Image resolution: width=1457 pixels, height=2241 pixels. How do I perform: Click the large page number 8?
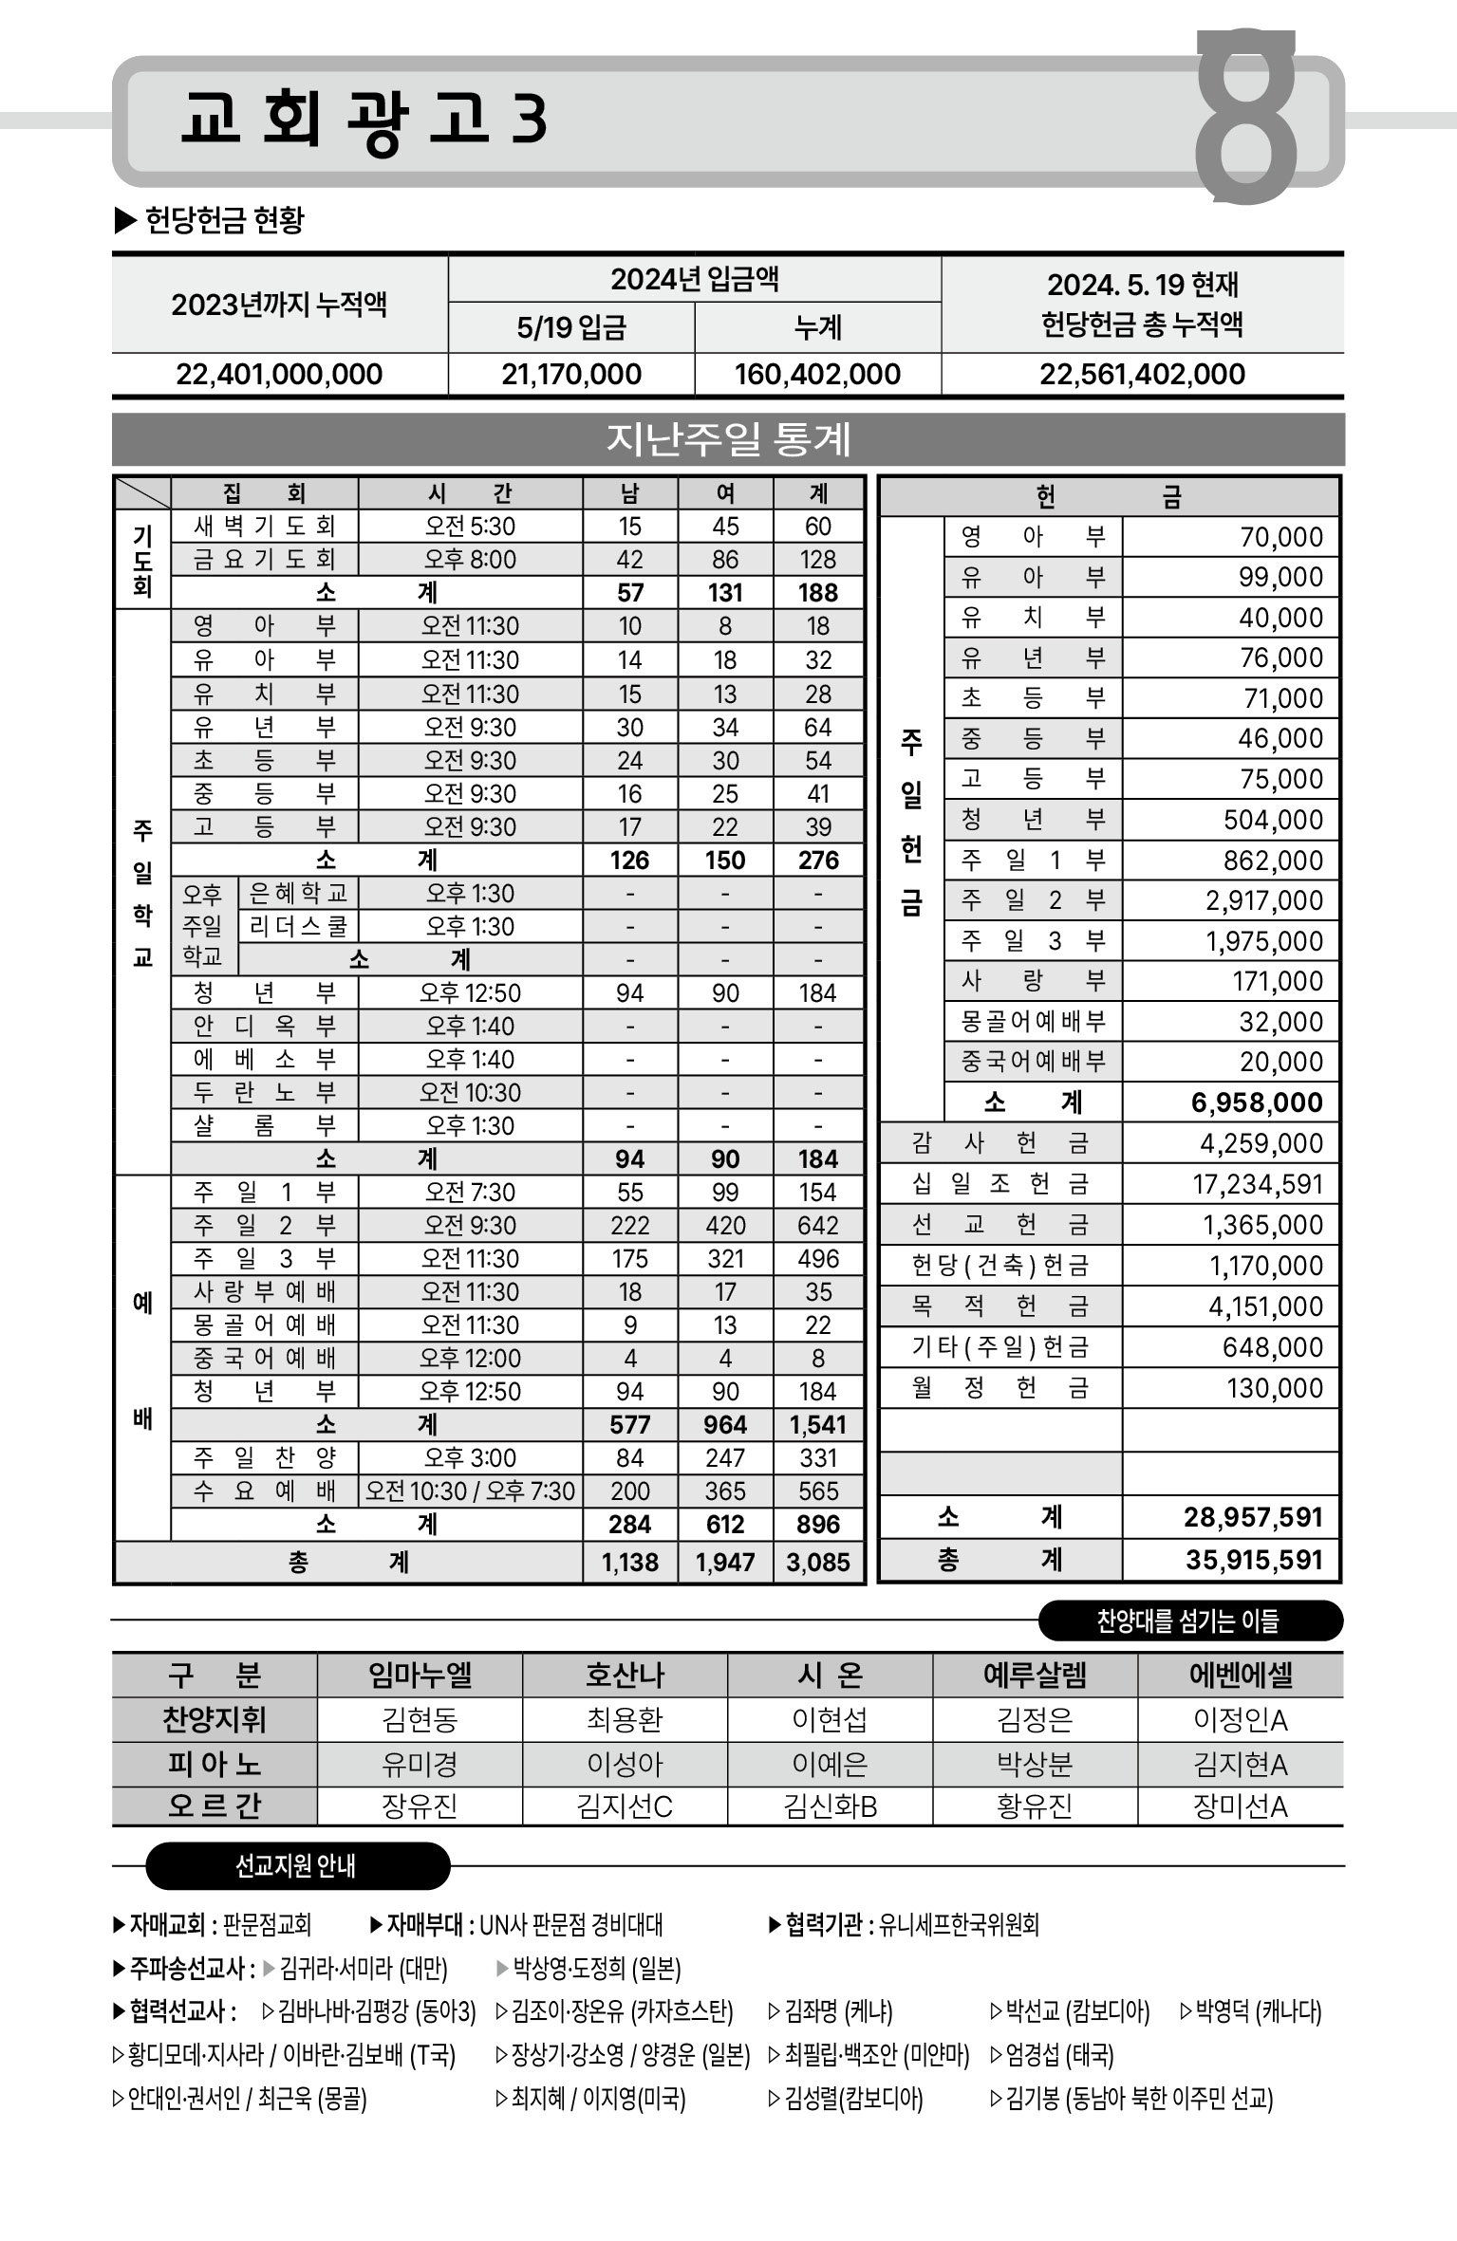coord(1245,116)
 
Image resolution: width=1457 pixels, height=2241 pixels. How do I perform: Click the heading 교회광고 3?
coord(364,120)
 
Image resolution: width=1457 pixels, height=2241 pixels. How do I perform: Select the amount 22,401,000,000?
coord(279,374)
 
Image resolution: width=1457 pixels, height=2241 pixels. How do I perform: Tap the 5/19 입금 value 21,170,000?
coord(571,374)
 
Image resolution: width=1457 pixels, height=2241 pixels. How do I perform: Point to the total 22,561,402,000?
coord(1142,374)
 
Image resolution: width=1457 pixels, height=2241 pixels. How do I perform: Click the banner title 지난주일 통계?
coord(728,438)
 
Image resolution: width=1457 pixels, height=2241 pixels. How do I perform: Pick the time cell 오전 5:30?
coord(470,527)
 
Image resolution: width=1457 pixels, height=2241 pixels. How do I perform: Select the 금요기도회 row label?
coord(264,560)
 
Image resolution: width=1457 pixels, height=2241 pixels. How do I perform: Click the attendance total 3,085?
coord(818,1562)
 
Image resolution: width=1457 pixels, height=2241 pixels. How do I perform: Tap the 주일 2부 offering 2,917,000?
coord(1264,900)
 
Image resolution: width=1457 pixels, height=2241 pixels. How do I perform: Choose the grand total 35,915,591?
coord(1253,1560)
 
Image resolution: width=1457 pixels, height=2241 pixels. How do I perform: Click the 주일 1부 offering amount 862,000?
coord(1273,861)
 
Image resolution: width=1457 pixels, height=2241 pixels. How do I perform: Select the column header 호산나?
coord(625,1675)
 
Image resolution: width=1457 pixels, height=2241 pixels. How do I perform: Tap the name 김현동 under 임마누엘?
coord(420,1719)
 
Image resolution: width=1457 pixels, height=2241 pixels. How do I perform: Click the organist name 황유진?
coord(1035,1806)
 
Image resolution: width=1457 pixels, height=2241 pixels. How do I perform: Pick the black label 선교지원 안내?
coord(296,1866)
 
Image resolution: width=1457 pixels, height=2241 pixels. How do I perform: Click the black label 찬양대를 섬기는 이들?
coord(1188,1621)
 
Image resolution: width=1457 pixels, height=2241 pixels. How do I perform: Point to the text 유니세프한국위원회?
coord(959,1925)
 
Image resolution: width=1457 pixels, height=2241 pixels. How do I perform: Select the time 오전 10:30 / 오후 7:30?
coord(470,1491)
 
